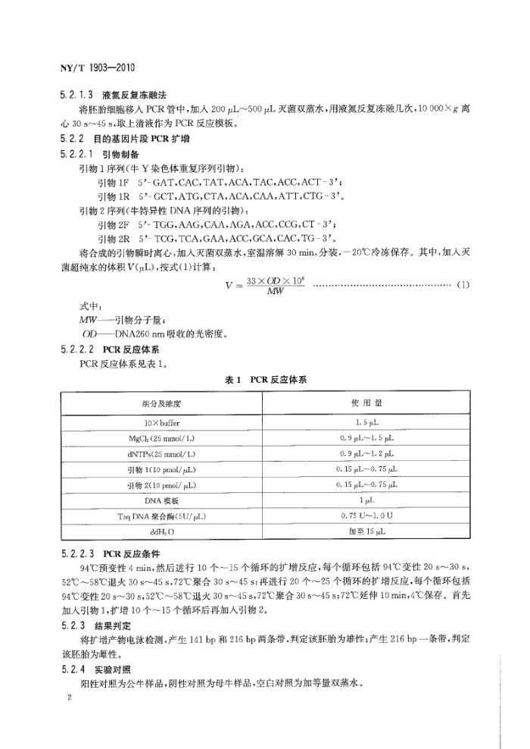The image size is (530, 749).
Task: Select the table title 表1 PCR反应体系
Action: point(270,378)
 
